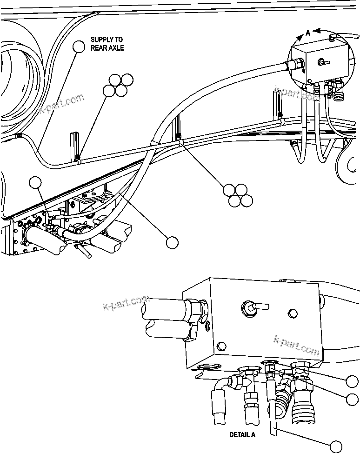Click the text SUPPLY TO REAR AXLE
[107, 44]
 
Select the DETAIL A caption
[242, 435]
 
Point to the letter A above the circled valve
[307, 33]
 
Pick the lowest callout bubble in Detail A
[336, 446]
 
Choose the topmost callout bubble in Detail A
[353, 381]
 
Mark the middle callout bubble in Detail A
[353, 399]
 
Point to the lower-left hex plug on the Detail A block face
[222, 346]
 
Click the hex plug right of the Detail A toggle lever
[292, 314]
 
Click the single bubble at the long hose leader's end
[172, 242]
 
